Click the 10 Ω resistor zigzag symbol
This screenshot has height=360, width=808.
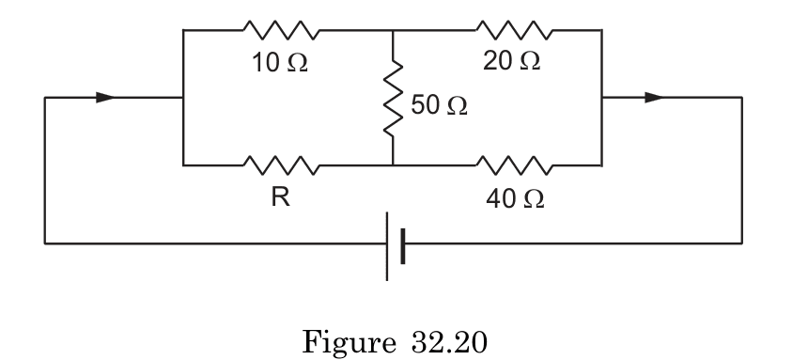282,30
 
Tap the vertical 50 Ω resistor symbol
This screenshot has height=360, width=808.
392,97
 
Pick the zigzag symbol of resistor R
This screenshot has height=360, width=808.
282,165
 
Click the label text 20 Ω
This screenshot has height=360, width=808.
512,62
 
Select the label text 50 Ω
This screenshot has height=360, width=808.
440,106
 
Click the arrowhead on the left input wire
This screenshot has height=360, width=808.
106,97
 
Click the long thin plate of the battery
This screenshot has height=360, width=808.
387,244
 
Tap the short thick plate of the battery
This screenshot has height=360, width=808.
402,244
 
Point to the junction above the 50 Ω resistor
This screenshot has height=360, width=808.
392,30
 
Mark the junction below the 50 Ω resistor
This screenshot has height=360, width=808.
392,165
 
